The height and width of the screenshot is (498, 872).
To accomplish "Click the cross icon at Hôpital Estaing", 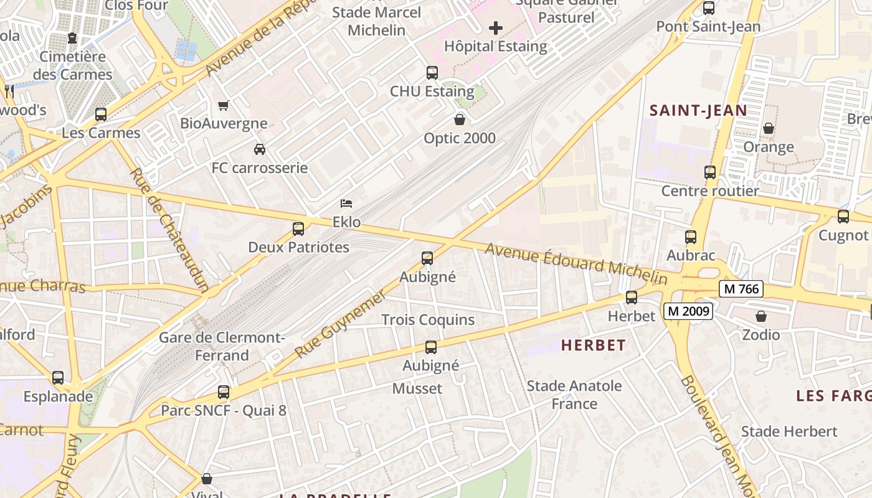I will coord(496,28).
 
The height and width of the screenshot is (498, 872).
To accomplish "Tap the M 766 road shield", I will coord(741,289).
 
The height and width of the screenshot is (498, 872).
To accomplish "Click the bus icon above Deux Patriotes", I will coord(298,228).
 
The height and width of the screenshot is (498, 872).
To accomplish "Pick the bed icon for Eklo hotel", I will coord(346,204).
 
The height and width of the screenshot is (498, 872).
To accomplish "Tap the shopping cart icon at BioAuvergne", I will coord(224,105).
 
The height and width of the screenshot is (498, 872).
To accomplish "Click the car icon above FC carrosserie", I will coord(260,149).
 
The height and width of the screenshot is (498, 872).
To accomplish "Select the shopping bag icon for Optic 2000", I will coord(460,120).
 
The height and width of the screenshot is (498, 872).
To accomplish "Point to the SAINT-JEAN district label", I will coord(698,111).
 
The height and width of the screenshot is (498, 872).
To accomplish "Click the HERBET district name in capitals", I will coord(593,345).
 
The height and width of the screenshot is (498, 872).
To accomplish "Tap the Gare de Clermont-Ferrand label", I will coord(222,347).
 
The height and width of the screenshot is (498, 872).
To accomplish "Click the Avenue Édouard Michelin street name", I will coord(576,263).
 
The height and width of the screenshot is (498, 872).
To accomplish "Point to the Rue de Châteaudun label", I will coord(170,230).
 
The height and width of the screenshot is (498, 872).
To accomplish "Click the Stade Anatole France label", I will coord(574,395).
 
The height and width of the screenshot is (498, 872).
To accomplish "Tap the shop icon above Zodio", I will coord(761,316).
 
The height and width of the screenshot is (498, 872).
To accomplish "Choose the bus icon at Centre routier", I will coord(710,172).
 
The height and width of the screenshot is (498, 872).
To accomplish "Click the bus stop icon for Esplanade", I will coord(58,378).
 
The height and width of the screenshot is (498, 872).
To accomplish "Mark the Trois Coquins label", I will coord(428,320).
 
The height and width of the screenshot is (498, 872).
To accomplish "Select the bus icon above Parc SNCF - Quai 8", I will coord(224,392).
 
